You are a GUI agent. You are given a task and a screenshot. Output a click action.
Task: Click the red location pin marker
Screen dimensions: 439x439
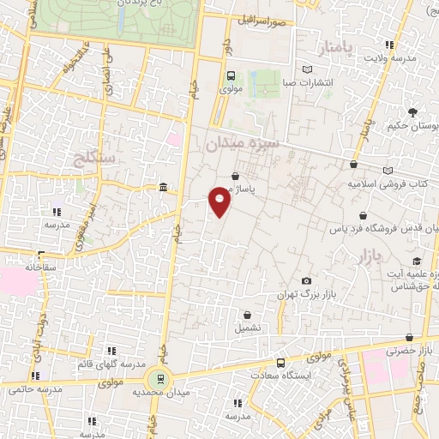[x=220, y=200]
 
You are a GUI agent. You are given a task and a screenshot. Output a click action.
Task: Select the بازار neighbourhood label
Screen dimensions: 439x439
[x=364, y=255]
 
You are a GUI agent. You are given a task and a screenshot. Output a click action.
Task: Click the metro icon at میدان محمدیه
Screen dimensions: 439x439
[x=156, y=377]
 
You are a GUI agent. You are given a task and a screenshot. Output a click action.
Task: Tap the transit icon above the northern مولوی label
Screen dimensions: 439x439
[x=230, y=75]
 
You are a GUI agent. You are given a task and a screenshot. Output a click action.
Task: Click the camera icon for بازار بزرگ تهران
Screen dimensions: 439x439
[x=307, y=281]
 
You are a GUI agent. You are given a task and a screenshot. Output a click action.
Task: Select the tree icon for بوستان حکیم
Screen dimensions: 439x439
[x=412, y=112]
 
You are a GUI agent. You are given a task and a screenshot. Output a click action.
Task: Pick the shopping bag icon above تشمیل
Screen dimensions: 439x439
[x=248, y=315]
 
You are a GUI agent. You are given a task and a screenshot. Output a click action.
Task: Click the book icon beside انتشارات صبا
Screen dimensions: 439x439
[x=309, y=70]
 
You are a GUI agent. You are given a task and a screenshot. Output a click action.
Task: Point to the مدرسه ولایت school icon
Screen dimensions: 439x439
[x=390, y=45]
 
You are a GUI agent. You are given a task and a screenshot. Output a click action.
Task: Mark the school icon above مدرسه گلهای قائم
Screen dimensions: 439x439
[x=111, y=350]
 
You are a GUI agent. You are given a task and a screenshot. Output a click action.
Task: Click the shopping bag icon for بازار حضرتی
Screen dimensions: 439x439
[x=408, y=338]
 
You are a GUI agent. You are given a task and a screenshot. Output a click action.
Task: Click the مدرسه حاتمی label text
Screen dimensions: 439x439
[x=37, y=389]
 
